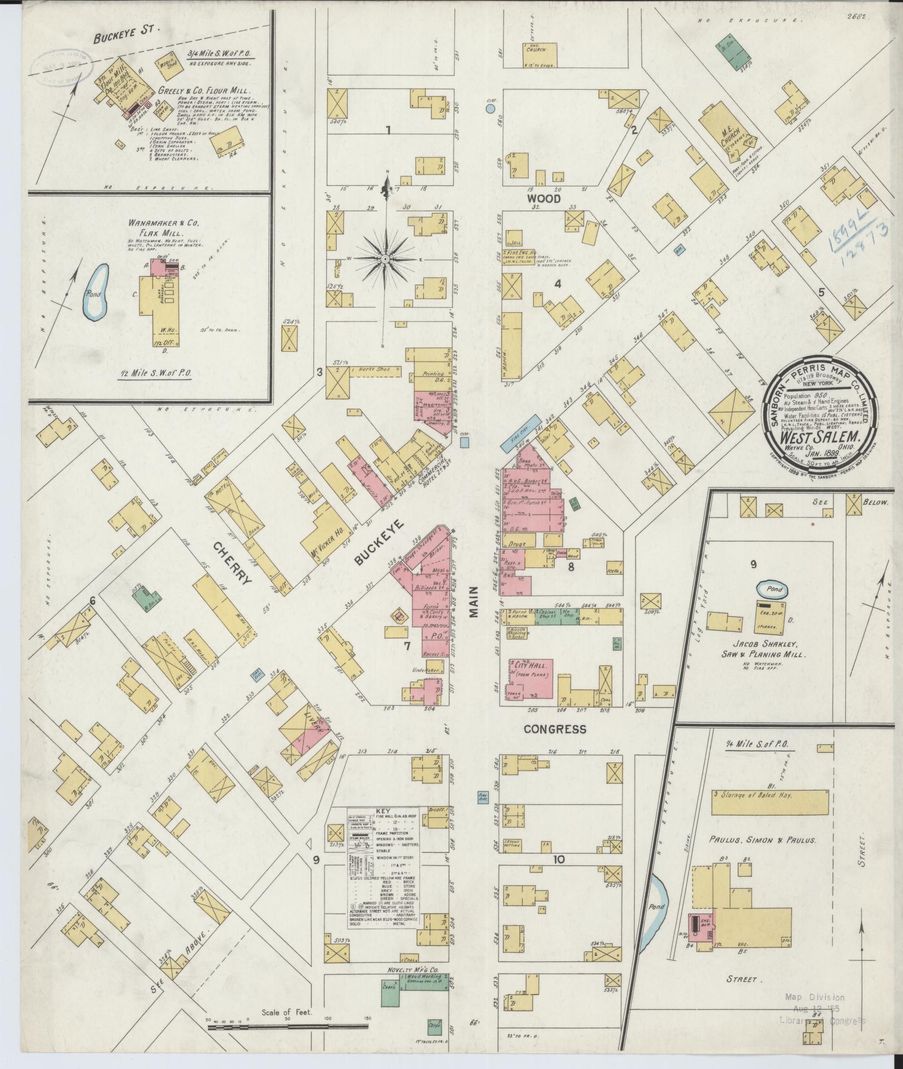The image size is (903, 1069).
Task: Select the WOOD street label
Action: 544,199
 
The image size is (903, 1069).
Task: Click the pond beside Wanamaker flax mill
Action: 96,293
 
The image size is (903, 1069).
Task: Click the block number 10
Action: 559,875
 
